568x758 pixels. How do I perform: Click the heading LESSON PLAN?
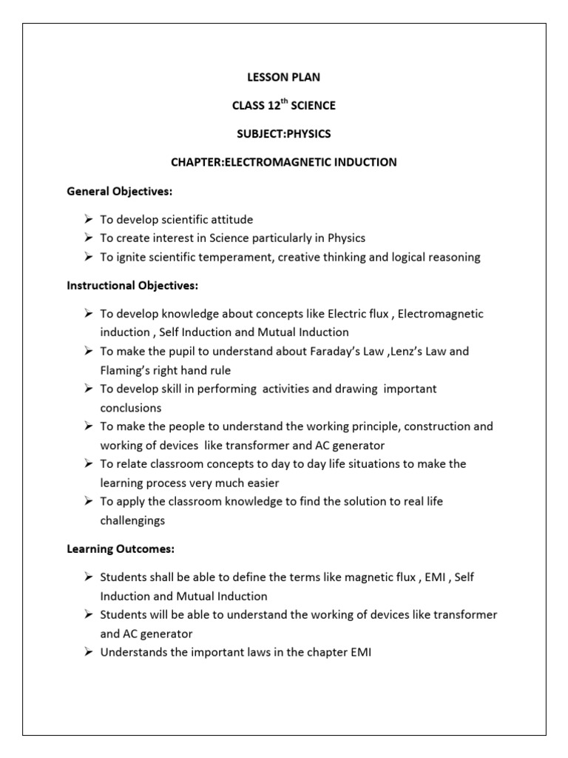point(283,77)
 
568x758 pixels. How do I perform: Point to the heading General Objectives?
point(119,192)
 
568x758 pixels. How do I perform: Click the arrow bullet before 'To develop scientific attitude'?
point(88,220)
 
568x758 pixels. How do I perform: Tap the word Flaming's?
point(127,370)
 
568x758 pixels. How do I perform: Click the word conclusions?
point(131,408)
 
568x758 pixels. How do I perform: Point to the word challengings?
point(133,520)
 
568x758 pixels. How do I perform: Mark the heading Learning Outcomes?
point(120,549)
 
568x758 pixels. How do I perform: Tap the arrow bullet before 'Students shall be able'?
point(88,577)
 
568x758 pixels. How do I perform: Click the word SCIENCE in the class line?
point(313,106)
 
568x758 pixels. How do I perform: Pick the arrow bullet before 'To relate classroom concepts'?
point(88,464)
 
